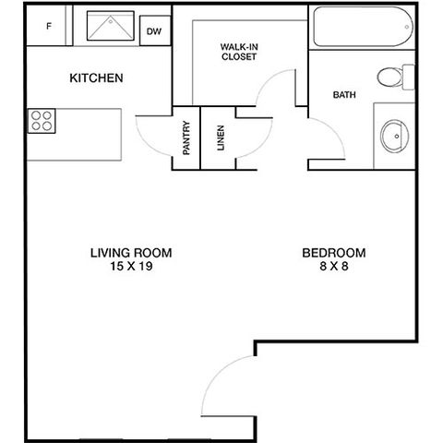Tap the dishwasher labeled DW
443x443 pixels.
pos(155,30)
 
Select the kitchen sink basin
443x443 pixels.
pos(111,26)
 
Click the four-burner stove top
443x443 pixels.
pos(42,121)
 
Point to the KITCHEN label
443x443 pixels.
pos(96,78)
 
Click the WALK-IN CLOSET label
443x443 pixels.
pos(239,52)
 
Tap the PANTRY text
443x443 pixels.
pos(186,138)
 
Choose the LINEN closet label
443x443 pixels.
pos(221,138)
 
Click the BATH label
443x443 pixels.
pos(344,95)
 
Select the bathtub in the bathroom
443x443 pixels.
pos(363,27)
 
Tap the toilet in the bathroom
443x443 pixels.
pos(396,77)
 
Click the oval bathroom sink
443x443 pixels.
pos(394,137)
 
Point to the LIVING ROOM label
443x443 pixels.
pos(131,253)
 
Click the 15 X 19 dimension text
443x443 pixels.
pos(131,266)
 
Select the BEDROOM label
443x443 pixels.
pos(334,253)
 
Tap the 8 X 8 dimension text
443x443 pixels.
pos(334,266)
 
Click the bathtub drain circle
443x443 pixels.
pos(407,27)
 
